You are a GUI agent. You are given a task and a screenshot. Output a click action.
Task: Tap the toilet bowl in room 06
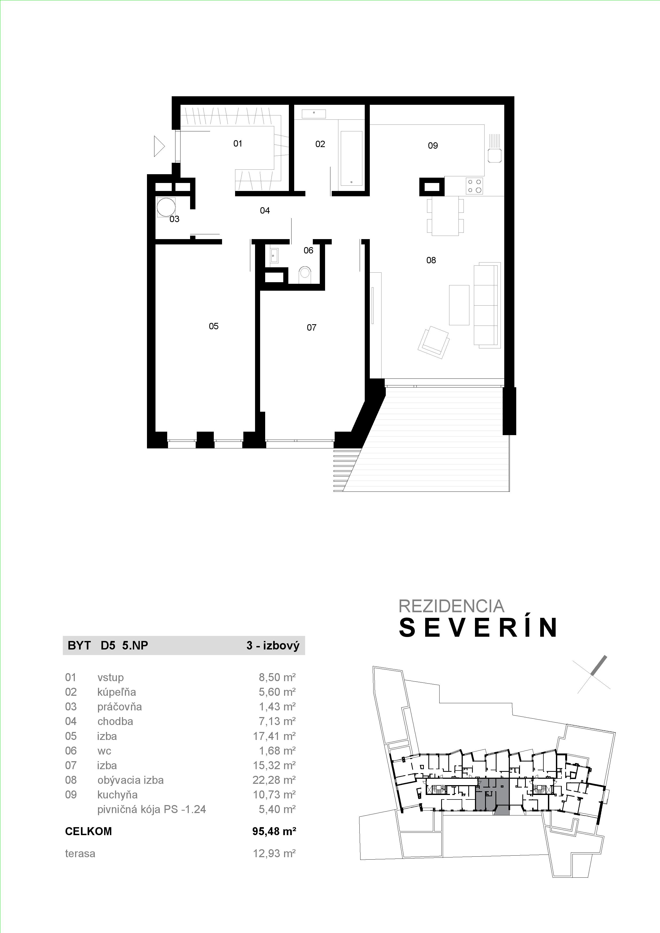click(305, 275)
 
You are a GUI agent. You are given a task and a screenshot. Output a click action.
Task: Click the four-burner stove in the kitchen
click(474, 186)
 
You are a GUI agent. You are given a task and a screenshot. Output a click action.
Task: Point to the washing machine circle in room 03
click(167, 207)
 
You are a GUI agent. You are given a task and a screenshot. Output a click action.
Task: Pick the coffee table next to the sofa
click(459, 305)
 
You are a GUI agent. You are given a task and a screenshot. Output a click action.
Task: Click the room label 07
click(311, 327)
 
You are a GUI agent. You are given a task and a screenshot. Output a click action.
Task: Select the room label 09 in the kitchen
click(433, 145)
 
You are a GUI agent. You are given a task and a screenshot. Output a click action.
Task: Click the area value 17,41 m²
click(274, 736)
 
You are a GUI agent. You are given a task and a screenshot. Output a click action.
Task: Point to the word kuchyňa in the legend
click(117, 794)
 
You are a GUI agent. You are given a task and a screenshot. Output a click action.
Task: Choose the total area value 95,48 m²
click(274, 831)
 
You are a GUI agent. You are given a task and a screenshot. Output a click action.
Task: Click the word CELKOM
click(88, 831)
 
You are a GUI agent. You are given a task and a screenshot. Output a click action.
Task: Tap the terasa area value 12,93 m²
click(274, 853)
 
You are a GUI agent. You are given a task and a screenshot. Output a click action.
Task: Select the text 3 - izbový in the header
click(273, 646)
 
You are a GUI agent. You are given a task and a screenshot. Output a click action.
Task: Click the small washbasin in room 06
click(274, 256)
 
